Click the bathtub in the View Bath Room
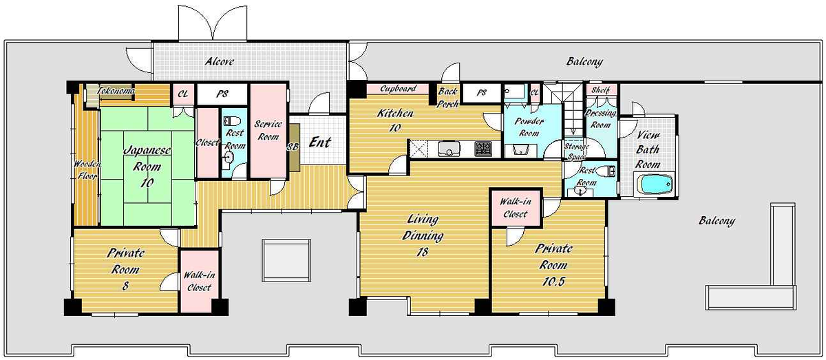pos(657,184)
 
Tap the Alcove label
pos(220,61)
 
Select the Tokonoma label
pos(116,90)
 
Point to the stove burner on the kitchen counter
pos(483,149)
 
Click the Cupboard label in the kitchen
pos(399,89)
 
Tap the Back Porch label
pos(447,97)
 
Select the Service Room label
pos(268,130)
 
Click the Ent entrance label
pos(319,142)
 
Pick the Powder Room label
pos(529,127)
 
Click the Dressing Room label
pos(600,119)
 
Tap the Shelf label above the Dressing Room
pos(601,90)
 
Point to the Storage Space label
pos(577,151)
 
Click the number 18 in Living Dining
pos(422,253)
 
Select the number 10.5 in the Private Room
pos(553,282)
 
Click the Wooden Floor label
pos(87,169)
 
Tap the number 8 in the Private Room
pos(125,286)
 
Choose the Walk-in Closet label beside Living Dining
pos(516,208)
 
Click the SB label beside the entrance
pos(293,147)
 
